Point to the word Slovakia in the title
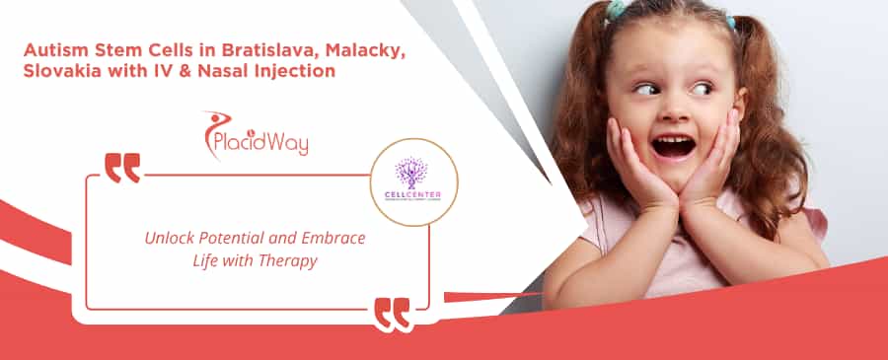pyautogui.click(x=60, y=72)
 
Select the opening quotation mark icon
pyautogui.click(x=122, y=168)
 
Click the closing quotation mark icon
pyautogui.click(x=392, y=313)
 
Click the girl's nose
pyautogui.click(x=672, y=114)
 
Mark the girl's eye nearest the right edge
pyautogui.click(x=701, y=89)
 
